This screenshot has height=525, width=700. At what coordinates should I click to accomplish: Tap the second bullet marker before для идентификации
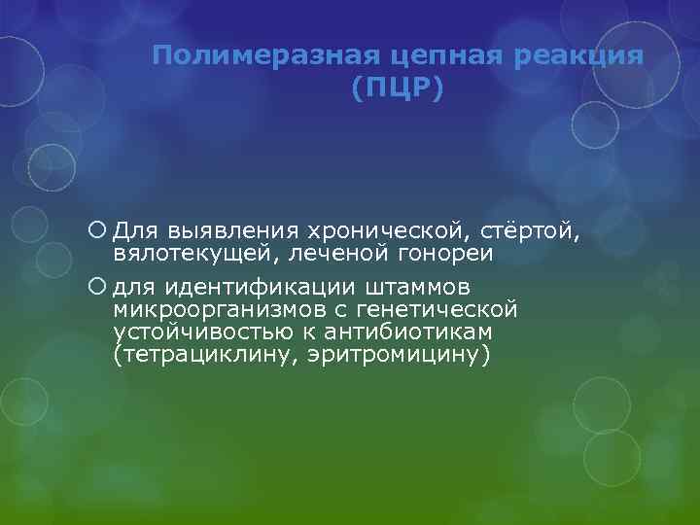96,288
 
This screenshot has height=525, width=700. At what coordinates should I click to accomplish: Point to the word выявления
216,231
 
